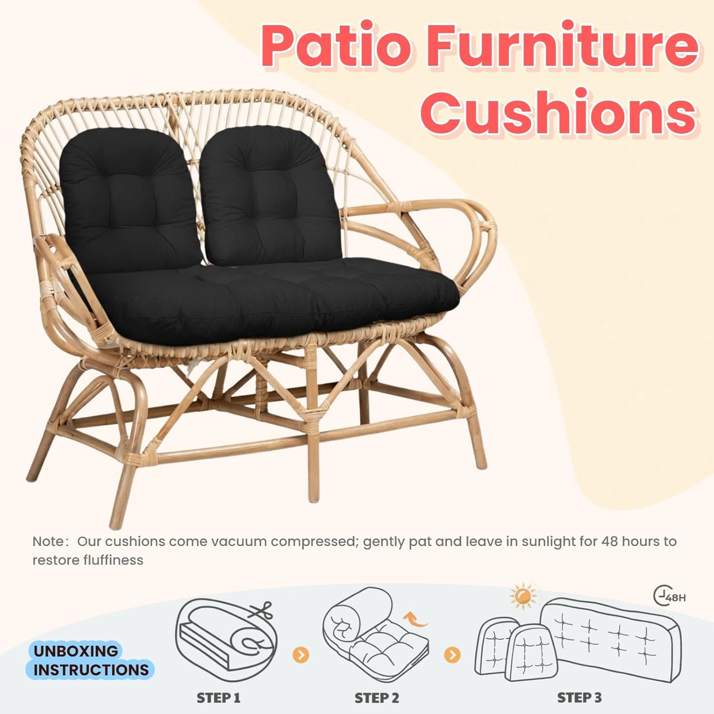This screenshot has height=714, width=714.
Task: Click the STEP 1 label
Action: [x=218, y=698]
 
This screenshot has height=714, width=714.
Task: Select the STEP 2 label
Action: [x=377, y=698]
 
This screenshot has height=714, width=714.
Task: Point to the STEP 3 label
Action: [x=579, y=698]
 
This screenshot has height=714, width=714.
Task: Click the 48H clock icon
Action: [x=669, y=596]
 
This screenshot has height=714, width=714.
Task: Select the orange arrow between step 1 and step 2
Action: [x=300, y=655]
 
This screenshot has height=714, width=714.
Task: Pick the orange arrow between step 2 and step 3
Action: [x=452, y=655]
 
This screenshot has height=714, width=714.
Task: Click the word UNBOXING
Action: [x=76, y=651]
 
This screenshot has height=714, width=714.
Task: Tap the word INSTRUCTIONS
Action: [x=91, y=670]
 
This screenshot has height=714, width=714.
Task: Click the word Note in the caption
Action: [x=48, y=542]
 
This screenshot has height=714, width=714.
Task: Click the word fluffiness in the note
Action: [x=113, y=560]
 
